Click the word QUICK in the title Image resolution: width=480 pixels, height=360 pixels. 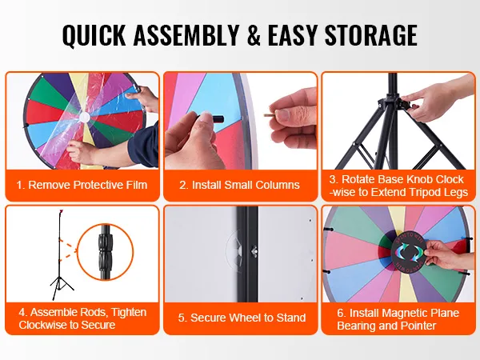pyautogui.click(x=94, y=35)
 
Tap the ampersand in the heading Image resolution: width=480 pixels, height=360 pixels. pyautogui.click(x=254, y=34)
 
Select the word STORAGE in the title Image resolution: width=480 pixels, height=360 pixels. pyautogui.click(x=371, y=34)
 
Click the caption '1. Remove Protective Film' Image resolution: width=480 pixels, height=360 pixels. pyautogui.click(x=82, y=185)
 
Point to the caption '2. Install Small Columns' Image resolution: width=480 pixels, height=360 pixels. pyautogui.click(x=239, y=185)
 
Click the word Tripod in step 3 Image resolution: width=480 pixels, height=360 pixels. pyautogui.click(x=424, y=192)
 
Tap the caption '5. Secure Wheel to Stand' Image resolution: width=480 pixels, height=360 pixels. pyautogui.click(x=242, y=318)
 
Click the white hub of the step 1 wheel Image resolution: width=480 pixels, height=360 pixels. pyautogui.click(x=84, y=117)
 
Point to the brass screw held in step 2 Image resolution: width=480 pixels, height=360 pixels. pyautogui.click(x=270, y=115)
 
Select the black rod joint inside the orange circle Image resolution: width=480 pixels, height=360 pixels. pyautogui.click(x=106, y=252)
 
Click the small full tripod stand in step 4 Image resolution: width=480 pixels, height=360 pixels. pyautogui.click(x=61, y=254)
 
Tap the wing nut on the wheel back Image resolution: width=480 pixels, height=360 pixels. pyautogui.click(x=254, y=250)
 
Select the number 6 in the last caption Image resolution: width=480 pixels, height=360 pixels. pyautogui.click(x=340, y=313)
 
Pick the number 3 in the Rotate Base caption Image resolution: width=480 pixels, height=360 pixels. pyautogui.click(x=332, y=179)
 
